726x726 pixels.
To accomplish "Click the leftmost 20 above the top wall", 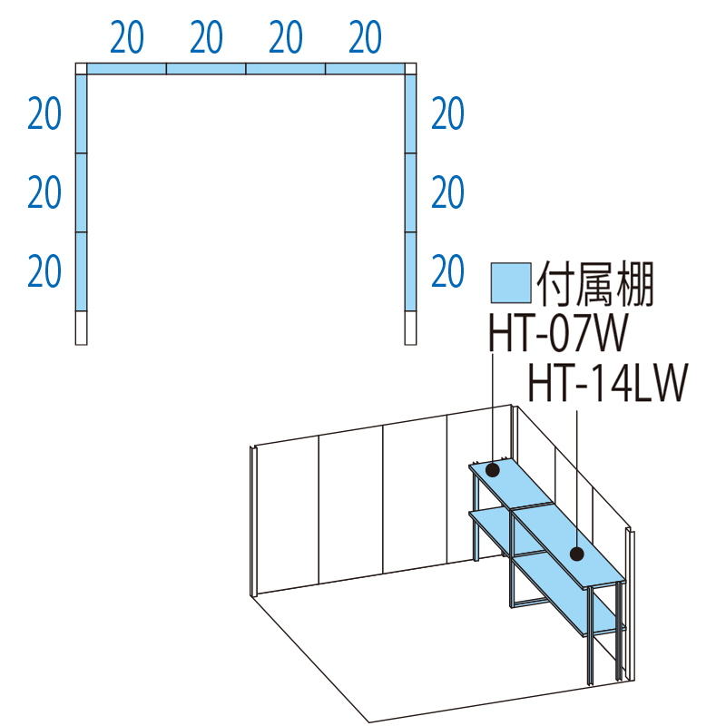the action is click(x=127, y=37).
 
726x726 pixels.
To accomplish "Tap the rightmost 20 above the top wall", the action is click(x=366, y=37).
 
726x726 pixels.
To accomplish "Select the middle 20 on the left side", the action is click(x=44, y=192).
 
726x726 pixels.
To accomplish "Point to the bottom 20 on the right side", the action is click(x=447, y=270).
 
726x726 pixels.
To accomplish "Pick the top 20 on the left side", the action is click(x=44, y=113).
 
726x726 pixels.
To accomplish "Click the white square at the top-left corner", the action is click(x=81, y=69).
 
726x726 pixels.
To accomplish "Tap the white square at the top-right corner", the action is click(x=411, y=69).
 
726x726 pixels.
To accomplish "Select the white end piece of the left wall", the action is click(x=81, y=328).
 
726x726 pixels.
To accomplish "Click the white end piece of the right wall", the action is click(x=411, y=328).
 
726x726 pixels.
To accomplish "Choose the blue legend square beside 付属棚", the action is click(x=511, y=283).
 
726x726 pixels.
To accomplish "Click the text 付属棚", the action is click(x=595, y=283).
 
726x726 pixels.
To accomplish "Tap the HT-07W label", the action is click(x=558, y=333).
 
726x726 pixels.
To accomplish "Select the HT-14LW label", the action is click(x=608, y=383).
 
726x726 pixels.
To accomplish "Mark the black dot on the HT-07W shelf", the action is click(x=492, y=470).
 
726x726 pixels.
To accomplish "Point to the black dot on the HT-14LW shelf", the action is click(x=577, y=554).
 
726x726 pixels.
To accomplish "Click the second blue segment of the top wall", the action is click(x=206, y=69).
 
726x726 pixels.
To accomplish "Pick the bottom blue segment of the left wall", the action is click(x=81, y=271).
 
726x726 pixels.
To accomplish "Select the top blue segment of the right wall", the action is click(x=411, y=114).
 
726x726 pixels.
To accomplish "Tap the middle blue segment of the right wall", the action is click(x=411, y=192).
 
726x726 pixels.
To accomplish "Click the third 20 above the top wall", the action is click(x=286, y=37).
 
